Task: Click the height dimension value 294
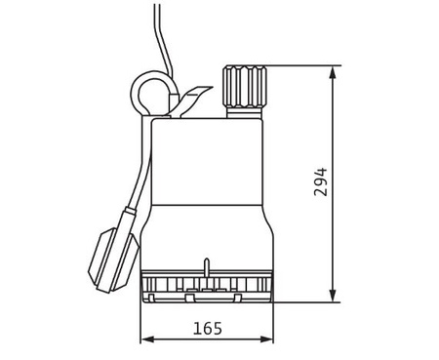[x=321, y=182]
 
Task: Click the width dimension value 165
[x=208, y=329]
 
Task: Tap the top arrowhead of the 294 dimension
[x=333, y=72]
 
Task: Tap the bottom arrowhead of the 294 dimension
[x=333, y=296]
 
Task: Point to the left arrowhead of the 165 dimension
[x=148, y=340]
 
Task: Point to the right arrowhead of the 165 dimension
[x=266, y=340]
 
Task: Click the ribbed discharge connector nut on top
[x=245, y=86]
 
